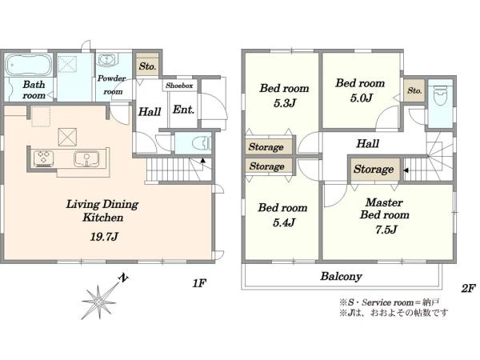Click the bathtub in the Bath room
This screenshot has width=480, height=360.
pos(28,65)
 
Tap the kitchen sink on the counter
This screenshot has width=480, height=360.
pos(86,158)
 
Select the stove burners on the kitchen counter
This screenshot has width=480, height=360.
pos(43,158)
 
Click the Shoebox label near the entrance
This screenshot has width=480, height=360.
pos(179,86)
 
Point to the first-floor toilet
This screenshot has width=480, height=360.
pos(202,143)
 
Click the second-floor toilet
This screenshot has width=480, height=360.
pos(439,95)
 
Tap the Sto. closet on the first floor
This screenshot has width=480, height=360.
pos(147,66)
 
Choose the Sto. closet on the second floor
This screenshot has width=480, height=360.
pos(414,90)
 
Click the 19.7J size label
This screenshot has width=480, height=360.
pos(104,237)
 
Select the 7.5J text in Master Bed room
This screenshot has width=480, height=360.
pos(386,230)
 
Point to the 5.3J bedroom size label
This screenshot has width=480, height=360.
pos(285,103)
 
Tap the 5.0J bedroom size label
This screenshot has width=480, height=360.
pos(362,98)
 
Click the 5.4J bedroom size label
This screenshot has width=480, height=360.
pos(284,222)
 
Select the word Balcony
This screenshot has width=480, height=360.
pos(342,277)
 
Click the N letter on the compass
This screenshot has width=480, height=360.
pos(123,278)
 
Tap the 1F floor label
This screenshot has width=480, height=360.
pos(199,283)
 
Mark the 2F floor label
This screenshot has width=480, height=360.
pos(468,288)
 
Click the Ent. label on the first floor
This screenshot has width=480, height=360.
pos(183,110)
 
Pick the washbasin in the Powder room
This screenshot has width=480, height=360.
pos(107,60)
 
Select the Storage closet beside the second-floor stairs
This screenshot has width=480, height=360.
pos(374,170)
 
